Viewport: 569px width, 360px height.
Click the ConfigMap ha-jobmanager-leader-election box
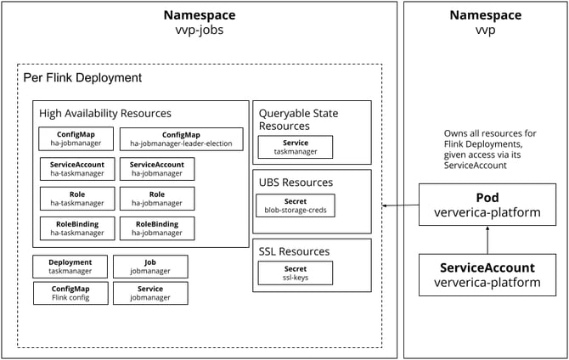(x=181, y=139)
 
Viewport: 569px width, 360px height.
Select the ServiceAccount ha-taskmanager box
(x=71, y=169)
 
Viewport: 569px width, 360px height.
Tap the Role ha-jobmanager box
(x=156, y=199)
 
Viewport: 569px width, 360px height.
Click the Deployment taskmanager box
(x=70, y=267)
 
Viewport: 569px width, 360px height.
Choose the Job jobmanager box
(x=149, y=267)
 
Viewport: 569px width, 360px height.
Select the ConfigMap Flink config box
(x=70, y=293)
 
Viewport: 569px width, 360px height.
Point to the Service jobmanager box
(x=149, y=293)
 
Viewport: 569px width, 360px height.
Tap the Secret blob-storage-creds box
(x=295, y=205)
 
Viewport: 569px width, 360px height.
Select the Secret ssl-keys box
(x=295, y=273)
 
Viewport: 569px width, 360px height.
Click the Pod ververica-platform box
(x=487, y=205)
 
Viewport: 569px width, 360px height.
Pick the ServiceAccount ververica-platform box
(x=487, y=274)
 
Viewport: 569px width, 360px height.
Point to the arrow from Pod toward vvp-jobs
(x=400, y=205)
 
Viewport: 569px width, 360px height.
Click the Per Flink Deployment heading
(x=82, y=77)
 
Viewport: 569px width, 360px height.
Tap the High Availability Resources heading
(x=104, y=113)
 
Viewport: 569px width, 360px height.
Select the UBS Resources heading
(x=296, y=182)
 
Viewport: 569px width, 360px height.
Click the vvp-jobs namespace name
(x=199, y=30)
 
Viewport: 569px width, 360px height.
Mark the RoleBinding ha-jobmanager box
(x=156, y=228)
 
